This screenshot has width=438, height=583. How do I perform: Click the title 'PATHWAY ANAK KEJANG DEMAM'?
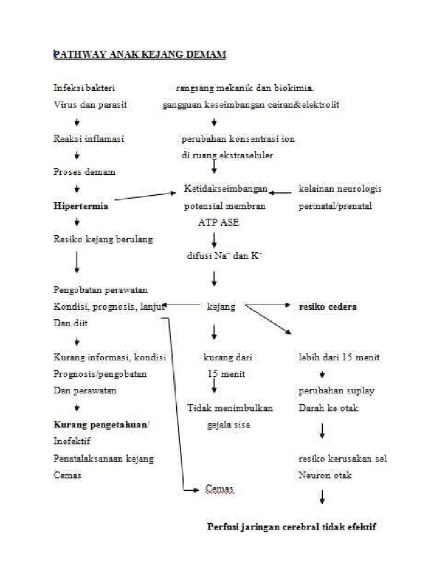[x=140, y=55]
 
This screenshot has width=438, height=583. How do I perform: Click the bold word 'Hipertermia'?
[x=80, y=206]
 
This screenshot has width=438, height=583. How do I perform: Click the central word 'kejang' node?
[x=220, y=306]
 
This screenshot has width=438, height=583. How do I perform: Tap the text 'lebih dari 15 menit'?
[x=339, y=358]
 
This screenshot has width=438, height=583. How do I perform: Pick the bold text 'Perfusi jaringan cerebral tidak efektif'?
[x=291, y=527]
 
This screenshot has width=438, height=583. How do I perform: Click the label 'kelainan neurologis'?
[x=339, y=189]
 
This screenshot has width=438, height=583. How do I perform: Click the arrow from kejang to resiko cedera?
[x=268, y=306]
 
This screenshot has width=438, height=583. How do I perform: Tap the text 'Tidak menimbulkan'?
[x=230, y=408]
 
